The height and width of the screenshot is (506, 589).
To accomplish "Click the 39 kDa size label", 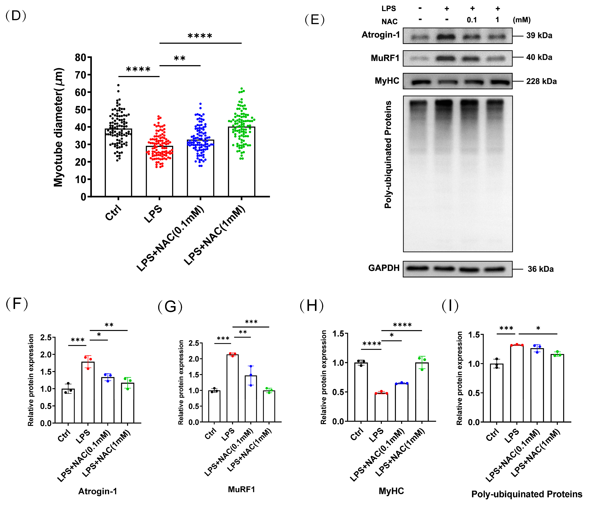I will pyautogui.click(x=539, y=36).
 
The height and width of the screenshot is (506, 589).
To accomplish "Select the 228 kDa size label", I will pyautogui.click(x=541, y=81).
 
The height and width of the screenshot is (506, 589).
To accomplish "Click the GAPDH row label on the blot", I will pyautogui.click(x=384, y=268).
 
